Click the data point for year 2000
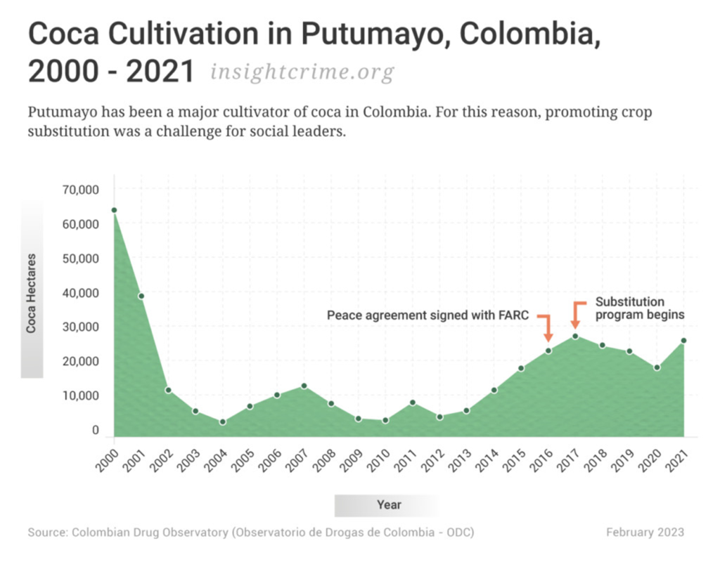tap(114, 210)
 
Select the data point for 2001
tap(141, 296)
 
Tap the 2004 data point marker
tap(222, 422)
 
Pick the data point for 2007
tap(304, 386)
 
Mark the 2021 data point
tap(683, 341)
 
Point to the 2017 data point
tap(575, 336)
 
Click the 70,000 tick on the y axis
tap(82, 190)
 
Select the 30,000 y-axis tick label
tap(82, 327)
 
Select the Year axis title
tap(389, 505)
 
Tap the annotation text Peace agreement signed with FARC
tap(427, 315)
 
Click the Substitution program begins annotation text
tap(639, 308)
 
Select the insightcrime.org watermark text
tap(302, 72)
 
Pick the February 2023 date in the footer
tap(644, 532)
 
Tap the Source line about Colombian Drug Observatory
tap(251, 532)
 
